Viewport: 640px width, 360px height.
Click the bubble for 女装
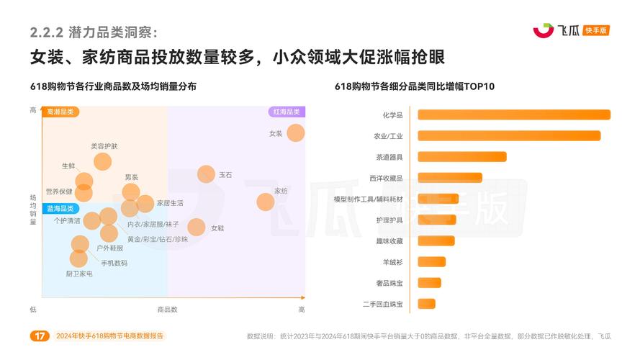tap(296, 133)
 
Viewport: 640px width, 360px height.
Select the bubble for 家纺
tap(266, 202)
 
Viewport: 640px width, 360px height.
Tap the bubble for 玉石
tap(207, 174)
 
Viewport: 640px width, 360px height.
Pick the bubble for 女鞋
tap(197, 228)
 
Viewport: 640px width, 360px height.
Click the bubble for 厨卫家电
tap(78, 258)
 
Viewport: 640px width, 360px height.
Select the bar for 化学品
tap(514, 114)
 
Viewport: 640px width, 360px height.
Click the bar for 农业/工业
tap(509, 135)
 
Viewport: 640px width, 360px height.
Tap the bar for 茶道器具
tap(462, 156)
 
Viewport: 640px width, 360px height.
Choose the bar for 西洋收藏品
tap(450, 178)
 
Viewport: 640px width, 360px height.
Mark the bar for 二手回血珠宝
tap(427, 304)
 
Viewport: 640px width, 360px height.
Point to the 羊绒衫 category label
tap(392, 262)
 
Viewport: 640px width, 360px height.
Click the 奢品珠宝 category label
tap(389, 283)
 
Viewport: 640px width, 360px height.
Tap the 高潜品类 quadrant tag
tap(60, 112)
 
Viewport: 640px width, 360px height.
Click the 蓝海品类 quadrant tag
tap(60, 208)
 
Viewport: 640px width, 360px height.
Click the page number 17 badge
tap(40, 336)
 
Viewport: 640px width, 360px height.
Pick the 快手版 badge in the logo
tap(597, 30)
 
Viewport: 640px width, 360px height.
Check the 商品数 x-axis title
tap(167, 309)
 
